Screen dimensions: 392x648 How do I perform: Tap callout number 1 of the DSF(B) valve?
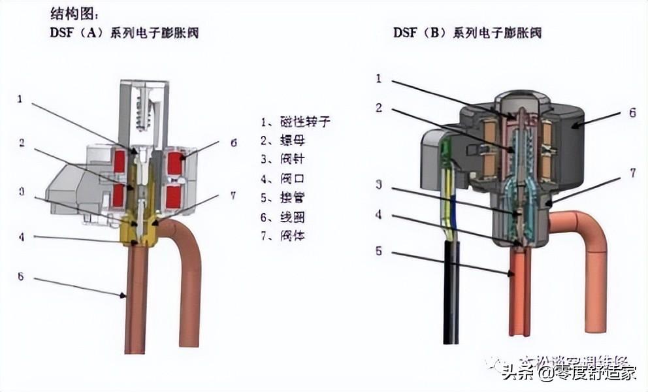[x=378, y=78]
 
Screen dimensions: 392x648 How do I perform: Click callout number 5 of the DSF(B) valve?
[x=378, y=250]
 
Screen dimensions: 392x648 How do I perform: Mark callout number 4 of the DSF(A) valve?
[x=20, y=237]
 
